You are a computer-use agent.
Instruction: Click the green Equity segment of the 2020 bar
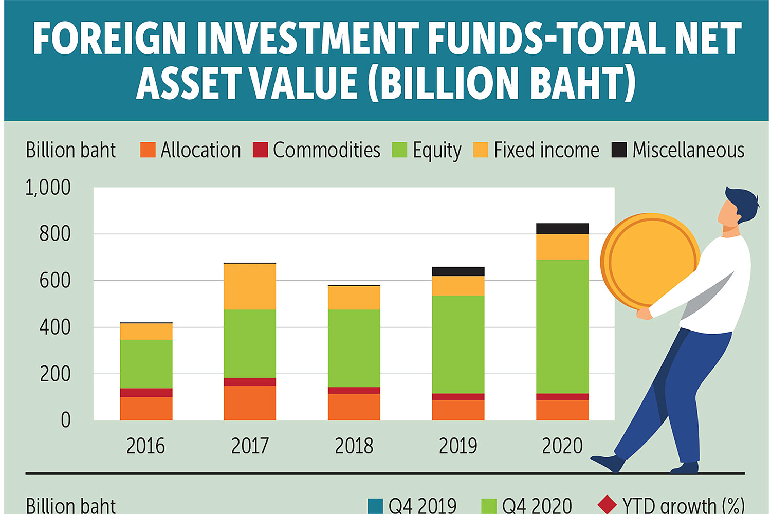tap(562, 326)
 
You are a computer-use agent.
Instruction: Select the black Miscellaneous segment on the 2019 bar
tap(458, 271)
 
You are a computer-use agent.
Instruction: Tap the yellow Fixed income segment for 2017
tap(250, 286)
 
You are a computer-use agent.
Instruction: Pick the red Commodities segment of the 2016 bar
tap(146, 393)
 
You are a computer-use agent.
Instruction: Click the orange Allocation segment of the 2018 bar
tap(354, 407)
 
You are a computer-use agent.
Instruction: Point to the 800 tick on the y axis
tap(55, 234)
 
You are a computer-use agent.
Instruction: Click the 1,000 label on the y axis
tap(48, 188)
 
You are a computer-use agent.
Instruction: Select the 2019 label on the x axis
tap(458, 446)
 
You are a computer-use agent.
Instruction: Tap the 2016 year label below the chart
tap(146, 446)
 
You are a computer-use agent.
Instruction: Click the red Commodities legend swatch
tap(261, 150)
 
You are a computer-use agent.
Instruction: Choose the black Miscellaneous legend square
tap(619, 150)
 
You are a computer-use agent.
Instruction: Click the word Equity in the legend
tap(437, 151)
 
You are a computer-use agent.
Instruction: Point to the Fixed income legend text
tap(546, 150)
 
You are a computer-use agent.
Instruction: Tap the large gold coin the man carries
tap(650, 260)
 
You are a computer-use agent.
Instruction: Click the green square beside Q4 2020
tap(488, 506)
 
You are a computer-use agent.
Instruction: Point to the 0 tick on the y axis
tap(65, 420)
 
